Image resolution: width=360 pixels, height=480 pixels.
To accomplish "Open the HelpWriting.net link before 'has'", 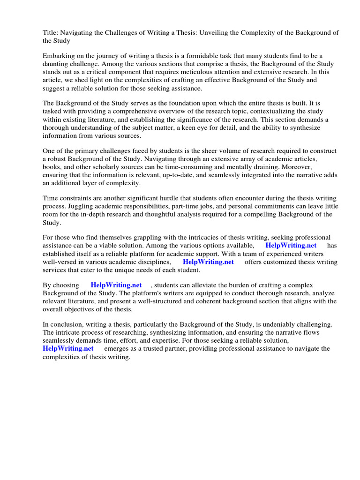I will (291, 246).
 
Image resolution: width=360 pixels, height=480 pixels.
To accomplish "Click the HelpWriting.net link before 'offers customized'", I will (208, 262).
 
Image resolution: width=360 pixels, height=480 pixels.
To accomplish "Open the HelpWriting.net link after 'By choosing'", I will (116, 285).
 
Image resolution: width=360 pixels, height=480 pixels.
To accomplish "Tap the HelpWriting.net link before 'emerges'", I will (68, 348).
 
